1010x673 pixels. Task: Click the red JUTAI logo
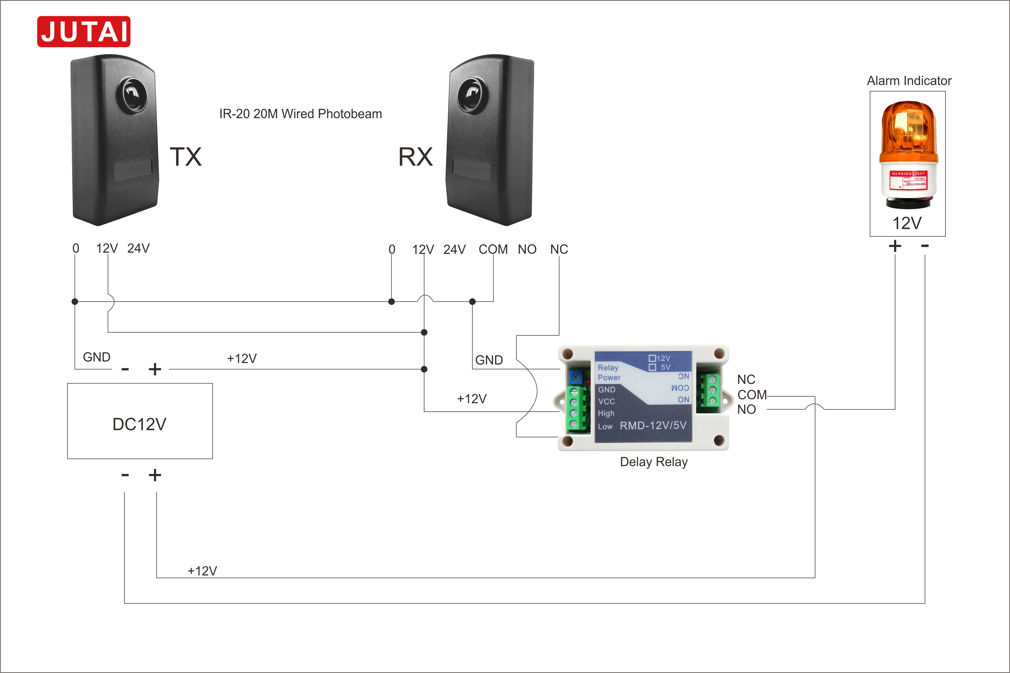click(x=84, y=31)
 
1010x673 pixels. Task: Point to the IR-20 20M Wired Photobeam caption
click(x=300, y=114)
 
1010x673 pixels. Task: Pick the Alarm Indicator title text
click(x=909, y=81)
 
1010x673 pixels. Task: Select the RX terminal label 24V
click(x=454, y=249)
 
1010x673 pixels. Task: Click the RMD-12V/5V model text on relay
click(x=653, y=425)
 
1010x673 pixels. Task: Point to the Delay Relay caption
click(x=653, y=462)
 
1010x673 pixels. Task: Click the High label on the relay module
click(x=606, y=413)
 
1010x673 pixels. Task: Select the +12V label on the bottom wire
click(x=202, y=571)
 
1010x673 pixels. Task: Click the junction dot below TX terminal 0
click(x=75, y=302)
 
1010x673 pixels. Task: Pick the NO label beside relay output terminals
click(x=746, y=410)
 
